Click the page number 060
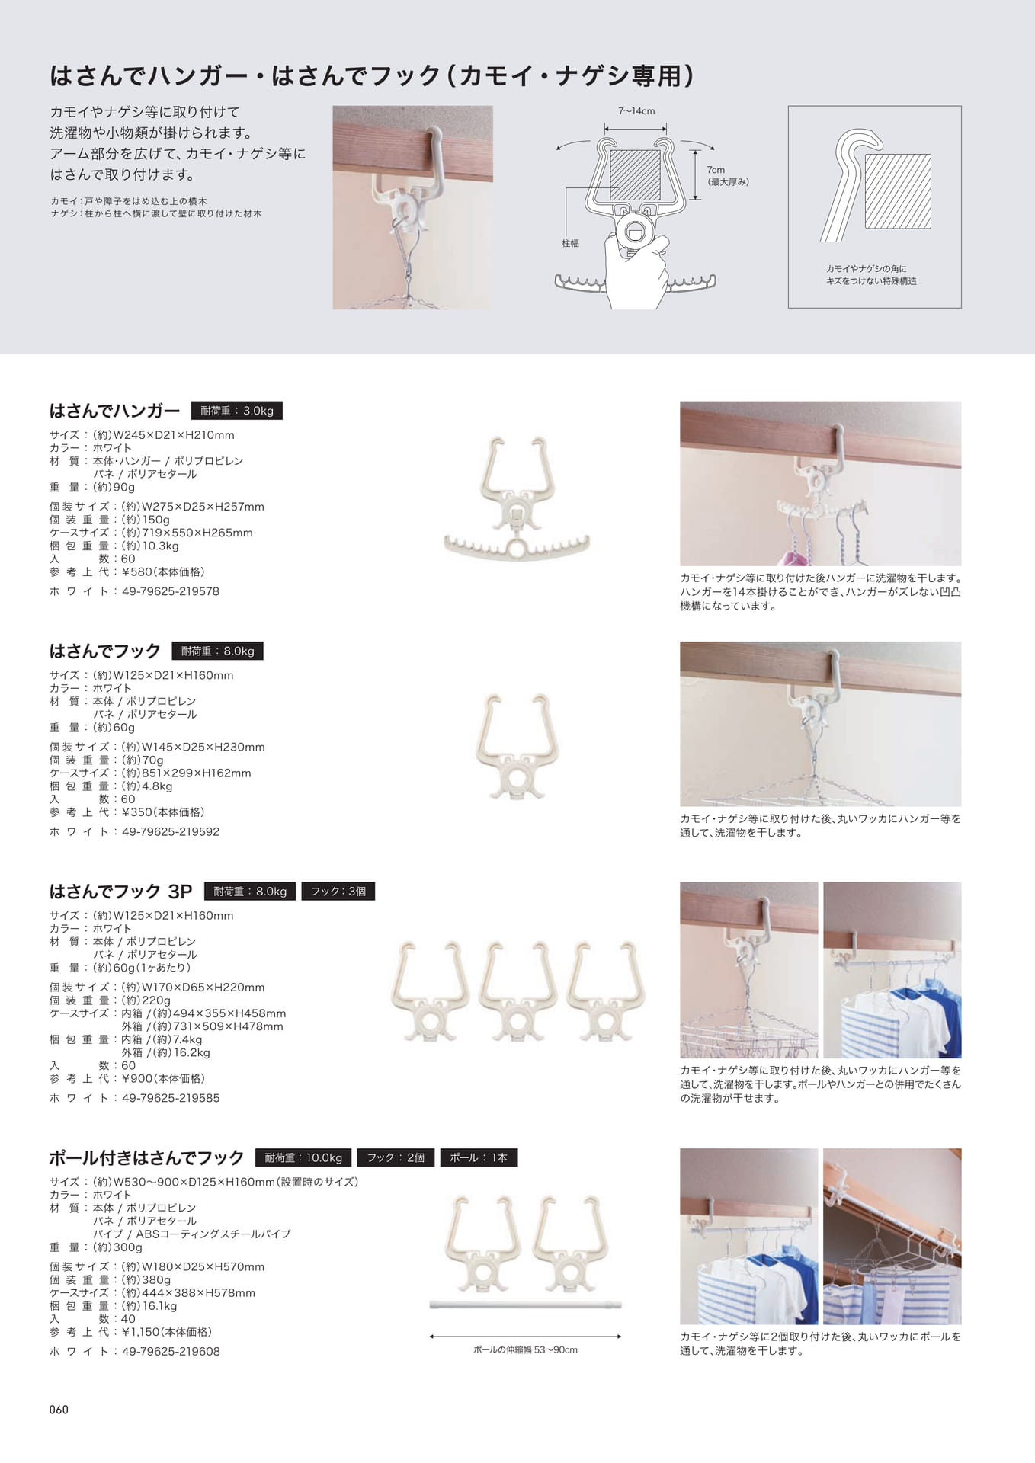59,1409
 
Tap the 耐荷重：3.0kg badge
236,411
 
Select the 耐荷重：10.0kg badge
303,1157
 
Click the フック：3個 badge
338,891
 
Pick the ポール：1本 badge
479,1157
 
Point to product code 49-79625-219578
171,591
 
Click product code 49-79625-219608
171,1351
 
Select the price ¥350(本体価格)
162,812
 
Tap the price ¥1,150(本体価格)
166,1332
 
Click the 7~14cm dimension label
636,111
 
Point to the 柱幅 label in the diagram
570,243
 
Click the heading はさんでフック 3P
120,891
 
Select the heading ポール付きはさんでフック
146,1157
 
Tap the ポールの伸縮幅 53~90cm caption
525,1349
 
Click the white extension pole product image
525,1305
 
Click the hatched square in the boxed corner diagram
897,190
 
